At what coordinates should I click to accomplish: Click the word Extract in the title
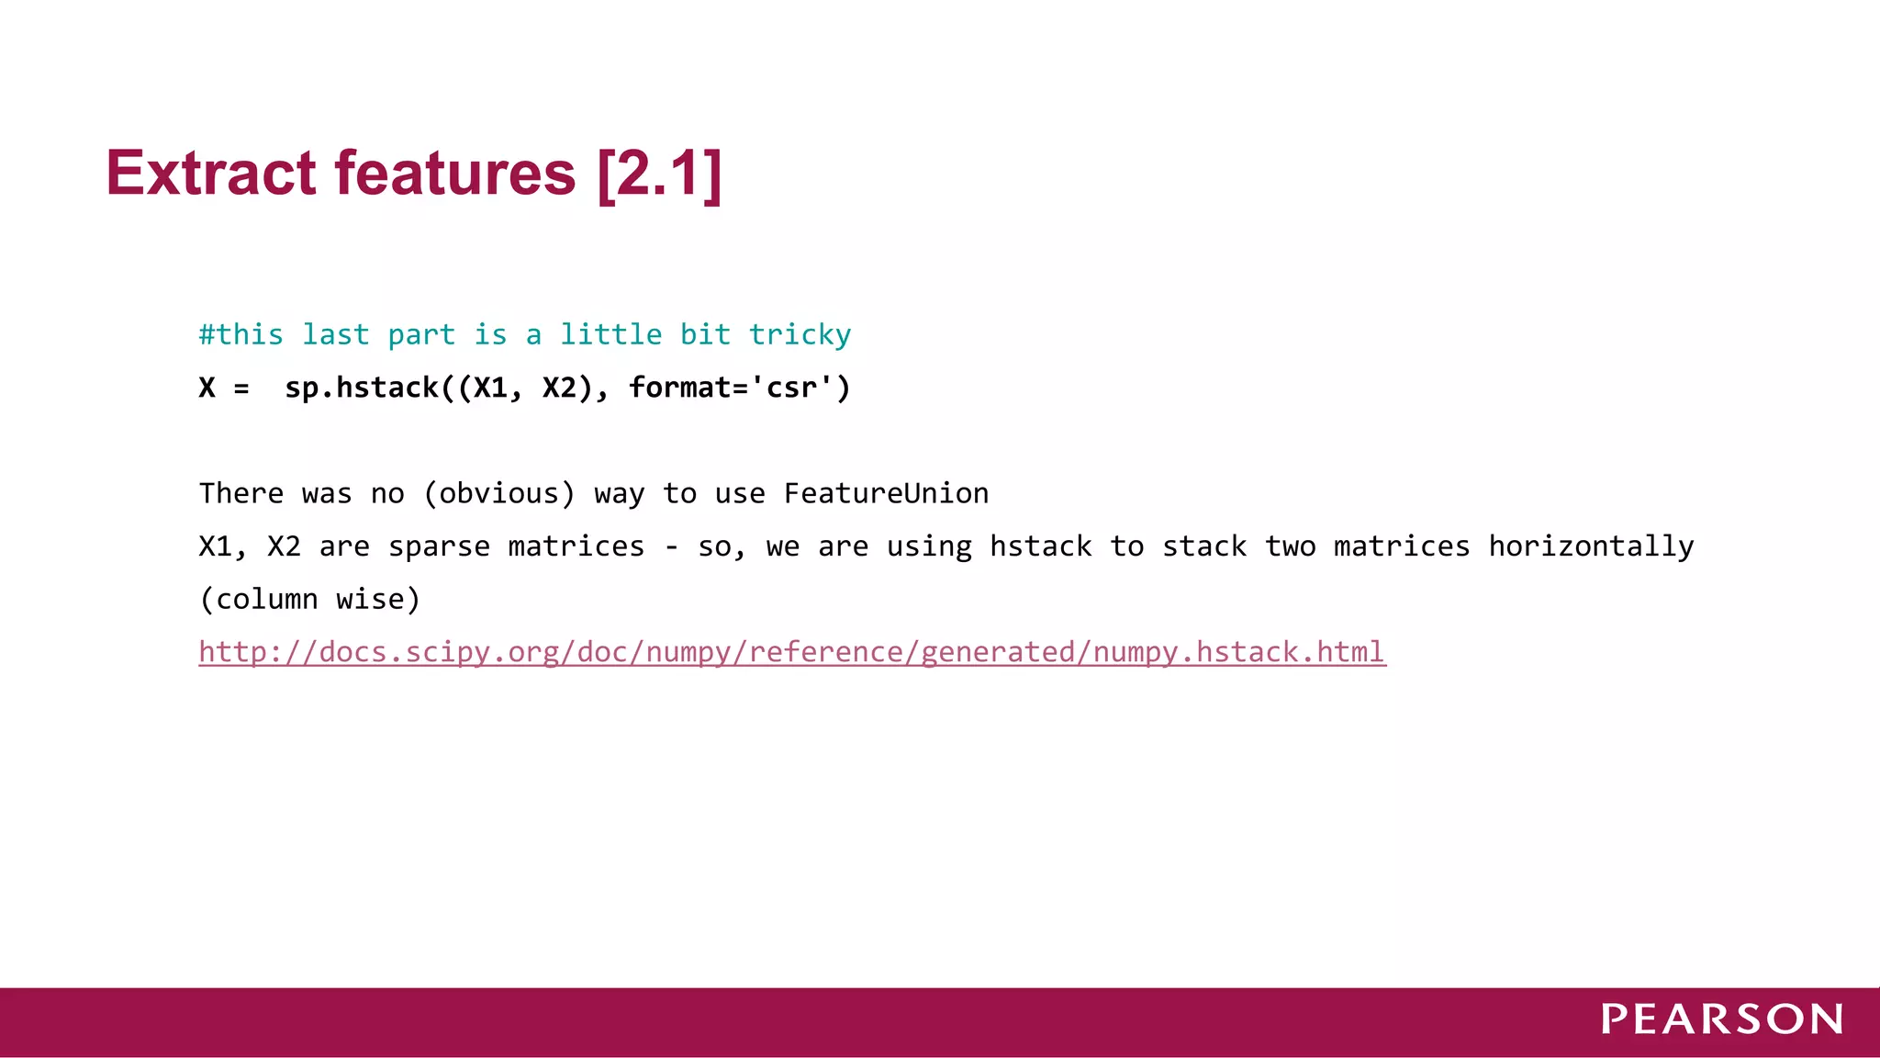coord(211,173)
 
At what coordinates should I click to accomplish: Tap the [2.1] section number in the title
coord(659,173)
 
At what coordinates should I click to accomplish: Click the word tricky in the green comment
coord(800,335)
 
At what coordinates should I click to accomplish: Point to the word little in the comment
coord(610,334)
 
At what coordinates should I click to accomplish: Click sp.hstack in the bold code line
coord(362,388)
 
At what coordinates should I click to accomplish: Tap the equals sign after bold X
coord(241,388)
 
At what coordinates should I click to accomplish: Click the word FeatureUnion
coord(886,493)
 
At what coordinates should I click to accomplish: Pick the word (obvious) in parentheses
coord(498,493)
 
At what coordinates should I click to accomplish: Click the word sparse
coord(439,546)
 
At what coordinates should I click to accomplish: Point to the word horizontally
coord(1591,546)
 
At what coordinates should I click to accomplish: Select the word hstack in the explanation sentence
coord(1040,546)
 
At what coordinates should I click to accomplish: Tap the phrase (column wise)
coord(309,599)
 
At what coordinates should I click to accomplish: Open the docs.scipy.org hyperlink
coord(791,652)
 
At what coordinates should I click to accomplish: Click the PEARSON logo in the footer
coord(1722,1019)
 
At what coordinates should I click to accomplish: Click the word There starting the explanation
coord(241,493)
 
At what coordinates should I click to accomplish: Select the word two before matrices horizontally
coord(1290,546)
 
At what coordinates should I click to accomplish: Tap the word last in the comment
coord(335,334)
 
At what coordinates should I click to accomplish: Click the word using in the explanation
coord(928,546)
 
